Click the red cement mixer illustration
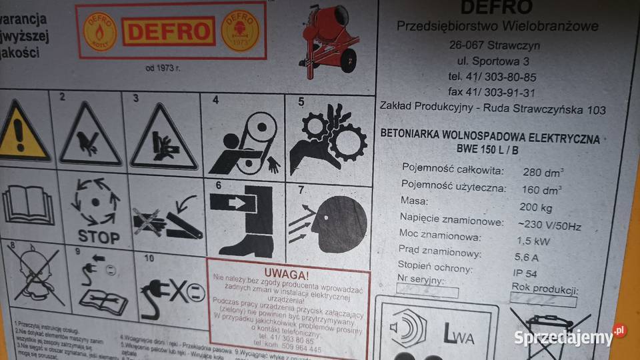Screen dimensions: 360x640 (331, 40)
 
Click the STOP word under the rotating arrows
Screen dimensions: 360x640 (99, 237)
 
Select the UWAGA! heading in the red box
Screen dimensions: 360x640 (286, 274)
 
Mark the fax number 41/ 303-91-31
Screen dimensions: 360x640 (492, 93)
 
